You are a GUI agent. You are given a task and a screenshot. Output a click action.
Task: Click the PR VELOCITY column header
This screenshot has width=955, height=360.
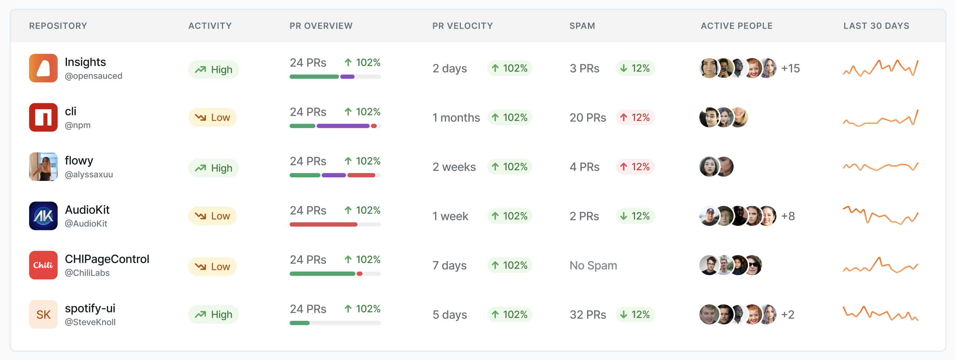462,26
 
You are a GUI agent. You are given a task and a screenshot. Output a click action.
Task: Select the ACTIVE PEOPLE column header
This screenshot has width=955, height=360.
736,26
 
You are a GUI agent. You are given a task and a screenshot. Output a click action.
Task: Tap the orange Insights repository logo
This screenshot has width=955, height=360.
43,68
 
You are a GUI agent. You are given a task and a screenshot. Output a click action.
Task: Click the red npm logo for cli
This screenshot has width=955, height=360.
43,117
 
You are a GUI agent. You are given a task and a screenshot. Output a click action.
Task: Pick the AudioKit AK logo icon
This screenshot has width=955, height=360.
43,216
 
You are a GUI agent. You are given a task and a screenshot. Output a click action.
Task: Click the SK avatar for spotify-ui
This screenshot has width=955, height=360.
43,314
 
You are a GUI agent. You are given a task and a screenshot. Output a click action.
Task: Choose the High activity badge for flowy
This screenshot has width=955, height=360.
214,168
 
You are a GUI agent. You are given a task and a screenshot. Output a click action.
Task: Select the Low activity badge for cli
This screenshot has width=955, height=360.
212,117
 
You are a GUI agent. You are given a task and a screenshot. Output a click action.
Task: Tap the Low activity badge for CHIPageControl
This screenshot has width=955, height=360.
212,267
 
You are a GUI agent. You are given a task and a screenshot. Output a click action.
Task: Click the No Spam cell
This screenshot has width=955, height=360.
593,265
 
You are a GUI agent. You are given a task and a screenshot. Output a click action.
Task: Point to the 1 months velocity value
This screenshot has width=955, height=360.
456,118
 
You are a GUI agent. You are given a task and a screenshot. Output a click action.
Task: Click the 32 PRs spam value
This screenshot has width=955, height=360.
588,315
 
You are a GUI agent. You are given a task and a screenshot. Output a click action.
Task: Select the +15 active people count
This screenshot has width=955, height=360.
791,68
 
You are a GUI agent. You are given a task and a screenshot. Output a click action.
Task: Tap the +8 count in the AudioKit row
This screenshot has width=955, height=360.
788,216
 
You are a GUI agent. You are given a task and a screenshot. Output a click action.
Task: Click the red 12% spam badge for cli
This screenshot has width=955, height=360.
636,118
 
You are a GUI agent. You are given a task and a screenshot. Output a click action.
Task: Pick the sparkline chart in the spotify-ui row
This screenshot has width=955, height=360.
881,314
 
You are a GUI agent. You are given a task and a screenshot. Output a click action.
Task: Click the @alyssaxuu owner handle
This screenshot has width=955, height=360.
89,174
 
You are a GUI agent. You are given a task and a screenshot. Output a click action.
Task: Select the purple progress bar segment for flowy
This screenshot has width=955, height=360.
334,175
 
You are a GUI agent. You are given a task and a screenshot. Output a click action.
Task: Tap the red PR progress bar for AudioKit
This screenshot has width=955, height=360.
323,225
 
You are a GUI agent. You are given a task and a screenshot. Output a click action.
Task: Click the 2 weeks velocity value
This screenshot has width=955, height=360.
454,167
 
